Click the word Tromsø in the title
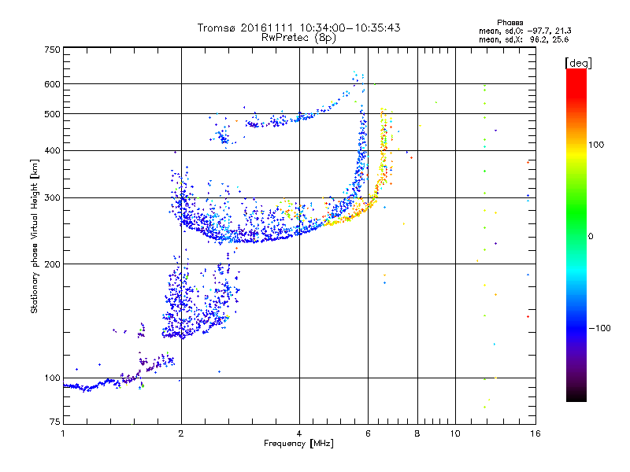pyautogui.click(x=215, y=28)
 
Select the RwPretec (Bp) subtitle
pyautogui.click(x=298, y=37)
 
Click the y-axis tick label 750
pyautogui.click(x=53, y=50)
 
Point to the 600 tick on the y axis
pyautogui.click(x=53, y=84)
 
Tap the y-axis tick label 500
pyautogui.click(x=53, y=114)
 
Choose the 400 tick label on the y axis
pyautogui.click(x=53, y=151)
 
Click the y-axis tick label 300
pyautogui.click(x=53, y=198)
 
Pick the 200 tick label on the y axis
pyautogui.click(x=53, y=264)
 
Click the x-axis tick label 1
pyautogui.click(x=63, y=433)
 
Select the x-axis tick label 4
pyautogui.click(x=299, y=433)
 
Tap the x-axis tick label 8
pyautogui.click(x=417, y=433)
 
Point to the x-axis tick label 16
pyautogui.click(x=534, y=433)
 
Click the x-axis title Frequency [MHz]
pyautogui.click(x=298, y=444)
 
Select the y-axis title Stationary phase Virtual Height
pyautogui.click(x=35, y=236)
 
